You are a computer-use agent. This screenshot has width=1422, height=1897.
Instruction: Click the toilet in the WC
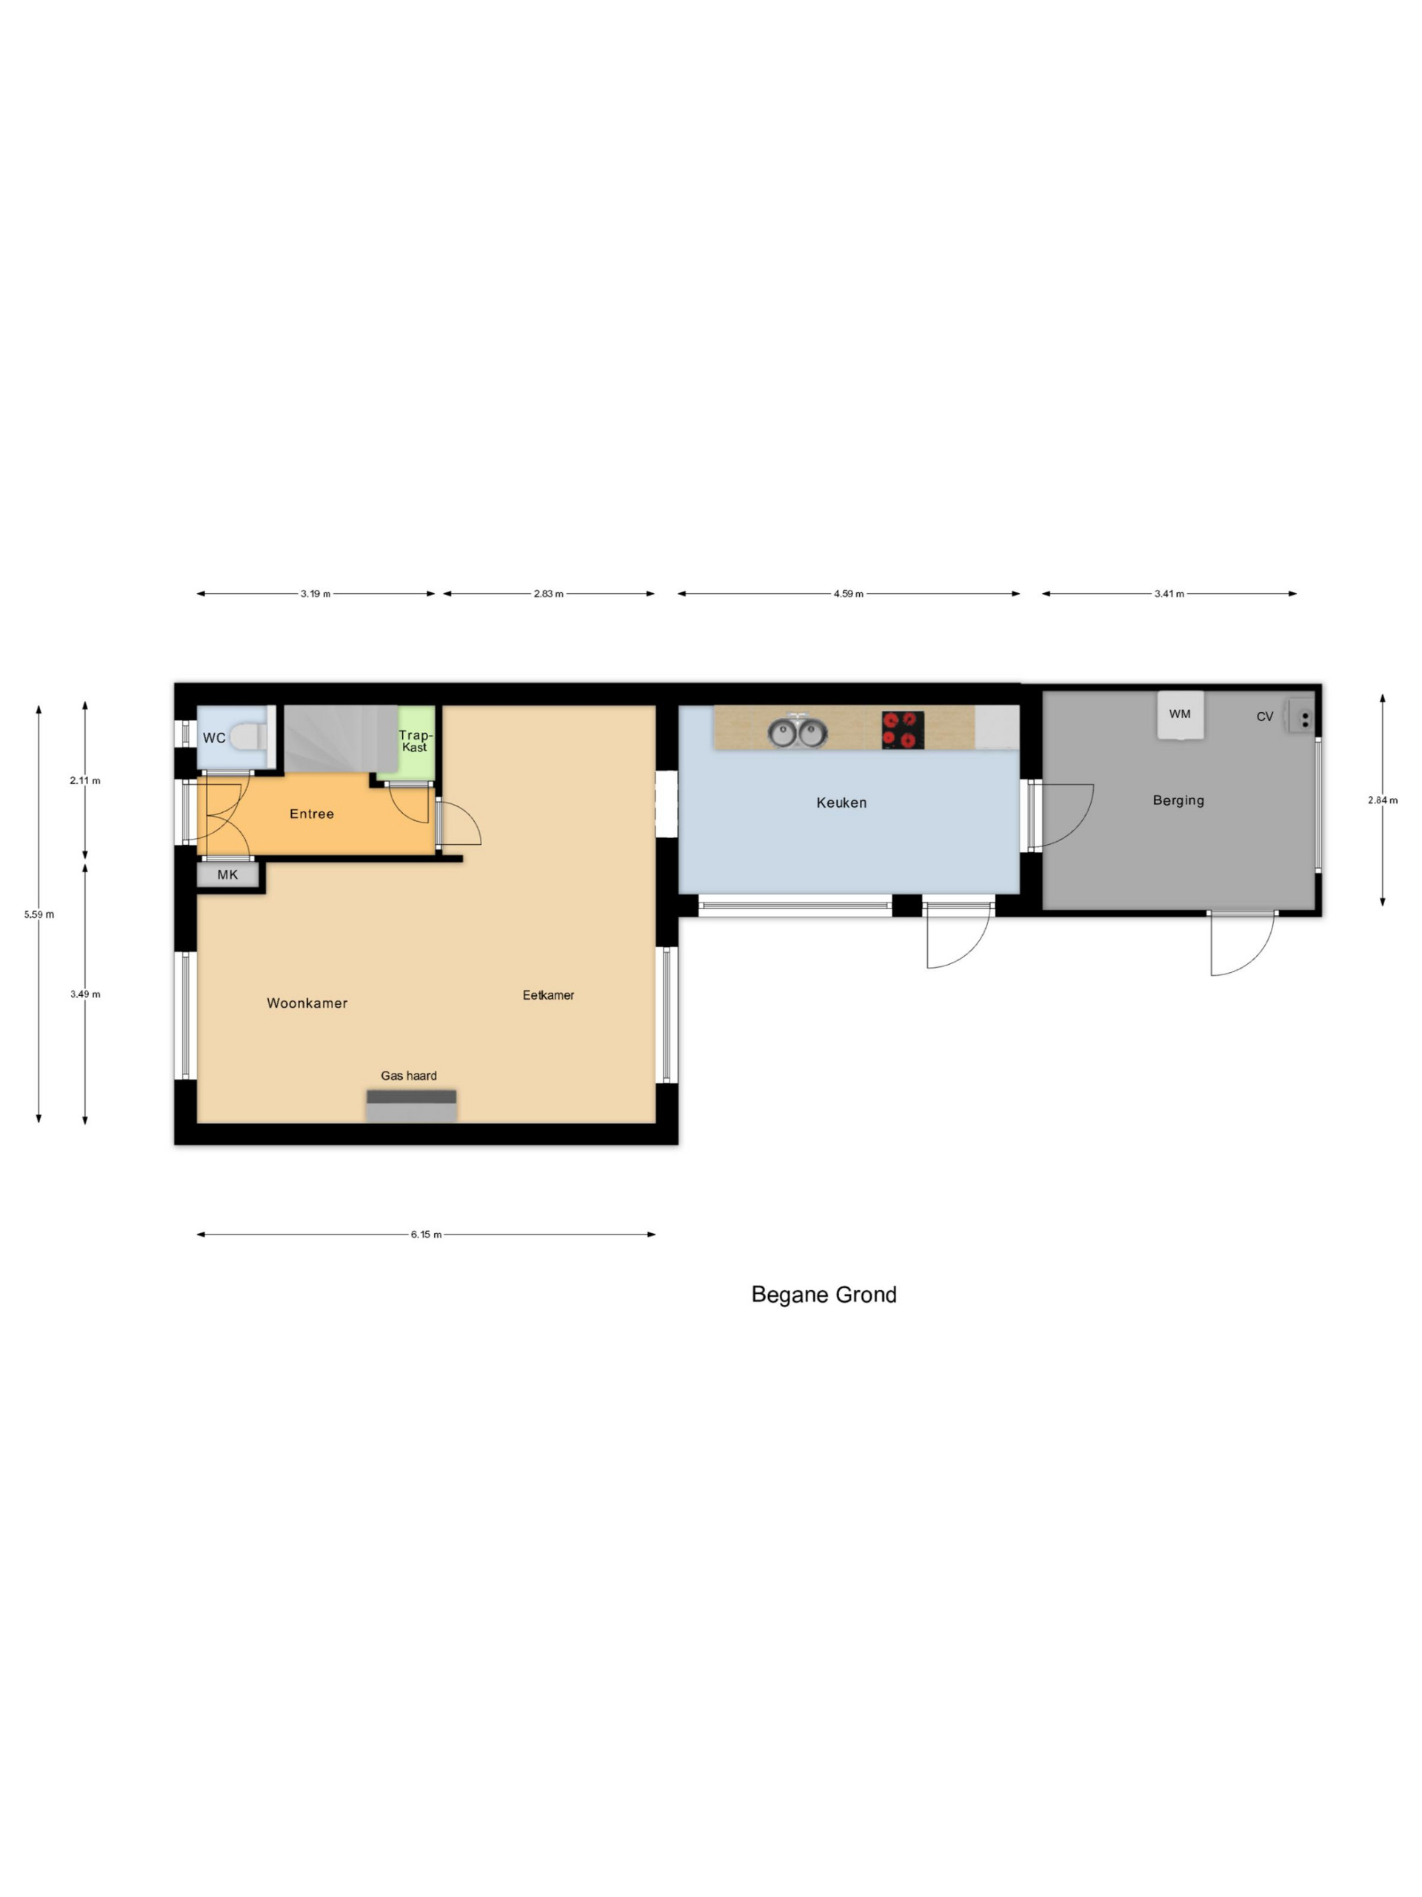pyautogui.click(x=249, y=737)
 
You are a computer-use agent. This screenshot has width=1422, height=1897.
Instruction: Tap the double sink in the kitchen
pyautogui.click(x=797, y=731)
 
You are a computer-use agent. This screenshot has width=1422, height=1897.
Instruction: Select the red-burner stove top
pyautogui.click(x=903, y=729)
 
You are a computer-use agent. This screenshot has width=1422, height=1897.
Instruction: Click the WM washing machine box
pyautogui.click(x=1181, y=714)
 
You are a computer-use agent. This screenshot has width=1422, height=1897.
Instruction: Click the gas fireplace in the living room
pyautogui.click(x=412, y=1106)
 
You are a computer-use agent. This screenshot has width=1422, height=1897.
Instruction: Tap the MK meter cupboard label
pyautogui.click(x=227, y=874)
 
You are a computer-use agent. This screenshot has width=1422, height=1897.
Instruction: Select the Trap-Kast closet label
pyautogui.click(x=415, y=741)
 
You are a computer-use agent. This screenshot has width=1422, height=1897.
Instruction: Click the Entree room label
pyautogui.click(x=311, y=814)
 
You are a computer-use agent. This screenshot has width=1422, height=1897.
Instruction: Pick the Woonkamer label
pyautogui.click(x=307, y=1003)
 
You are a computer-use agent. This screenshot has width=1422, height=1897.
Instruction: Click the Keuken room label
pyautogui.click(x=841, y=803)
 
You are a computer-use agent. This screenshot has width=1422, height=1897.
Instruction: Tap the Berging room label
pyautogui.click(x=1178, y=800)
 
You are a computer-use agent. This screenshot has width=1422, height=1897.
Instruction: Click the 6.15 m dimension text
pyautogui.click(x=426, y=1234)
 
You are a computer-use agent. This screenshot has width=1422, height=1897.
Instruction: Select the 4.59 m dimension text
pyautogui.click(x=849, y=594)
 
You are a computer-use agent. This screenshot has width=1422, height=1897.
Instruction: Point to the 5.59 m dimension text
pyautogui.click(x=39, y=914)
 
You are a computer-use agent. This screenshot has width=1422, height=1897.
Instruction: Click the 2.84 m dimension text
pyautogui.click(x=1383, y=800)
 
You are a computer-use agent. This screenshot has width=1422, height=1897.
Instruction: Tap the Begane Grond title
pyautogui.click(x=824, y=1294)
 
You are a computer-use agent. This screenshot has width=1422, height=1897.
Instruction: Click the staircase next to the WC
pyautogui.click(x=340, y=738)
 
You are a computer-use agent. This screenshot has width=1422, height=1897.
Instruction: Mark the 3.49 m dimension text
pyautogui.click(x=85, y=994)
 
